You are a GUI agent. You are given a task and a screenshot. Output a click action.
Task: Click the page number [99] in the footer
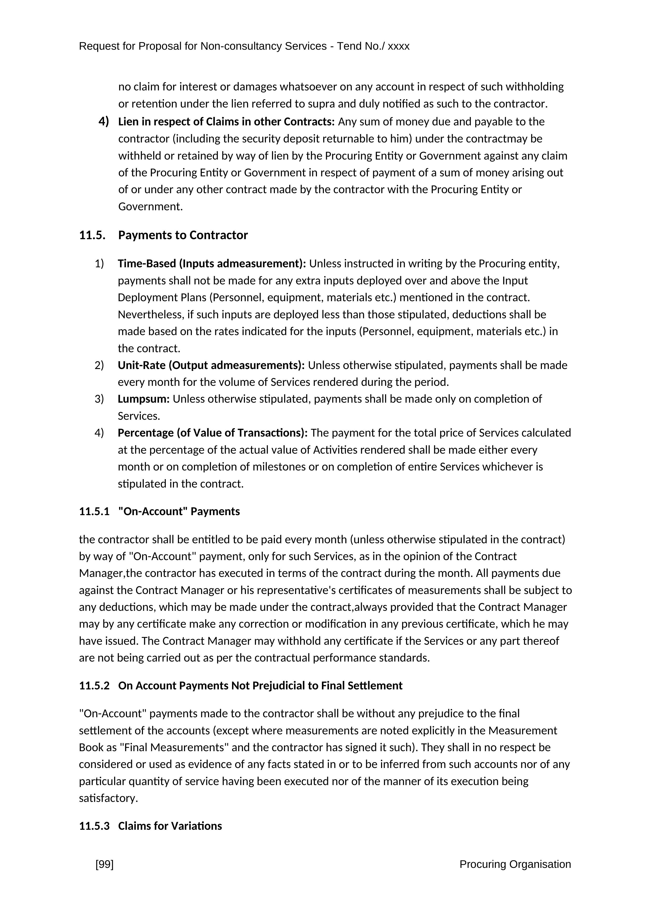pyautogui.click(x=104, y=864)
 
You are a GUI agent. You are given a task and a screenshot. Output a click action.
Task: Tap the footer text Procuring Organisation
pyautogui.click(x=515, y=864)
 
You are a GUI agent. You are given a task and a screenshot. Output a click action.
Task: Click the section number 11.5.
pyautogui.click(x=92, y=235)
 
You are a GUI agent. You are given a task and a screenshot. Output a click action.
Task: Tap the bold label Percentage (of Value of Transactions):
pyautogui.click(x=212, y=433)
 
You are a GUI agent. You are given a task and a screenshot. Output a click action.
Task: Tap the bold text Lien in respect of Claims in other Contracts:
pyautogui.click(x=226, y=122)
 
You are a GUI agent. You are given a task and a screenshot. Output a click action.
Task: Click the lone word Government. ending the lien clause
pyautogui.click(x=151, y=207)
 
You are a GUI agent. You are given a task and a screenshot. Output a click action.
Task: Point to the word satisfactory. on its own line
pyautogui.click(x=108, y=798)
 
